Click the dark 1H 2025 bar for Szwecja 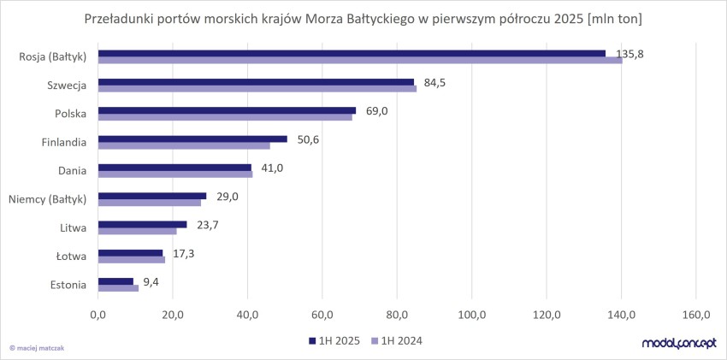tap(257, 82)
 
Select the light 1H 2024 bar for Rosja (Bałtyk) tap(359, 60)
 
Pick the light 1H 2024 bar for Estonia tap(118, 287)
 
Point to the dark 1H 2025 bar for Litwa tap(142, 224)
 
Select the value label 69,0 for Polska tap(378, 111)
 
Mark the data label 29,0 tap(228, 197)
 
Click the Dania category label tap(71, 171)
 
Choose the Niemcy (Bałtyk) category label tap(48, 199)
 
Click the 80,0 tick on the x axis tap(397, 316)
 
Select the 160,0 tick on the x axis tap(696, 316)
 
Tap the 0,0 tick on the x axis tap(98, 316)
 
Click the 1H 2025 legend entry tap(334, 341)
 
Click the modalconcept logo tap(678, 343)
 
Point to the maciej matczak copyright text tap(39, 347)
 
